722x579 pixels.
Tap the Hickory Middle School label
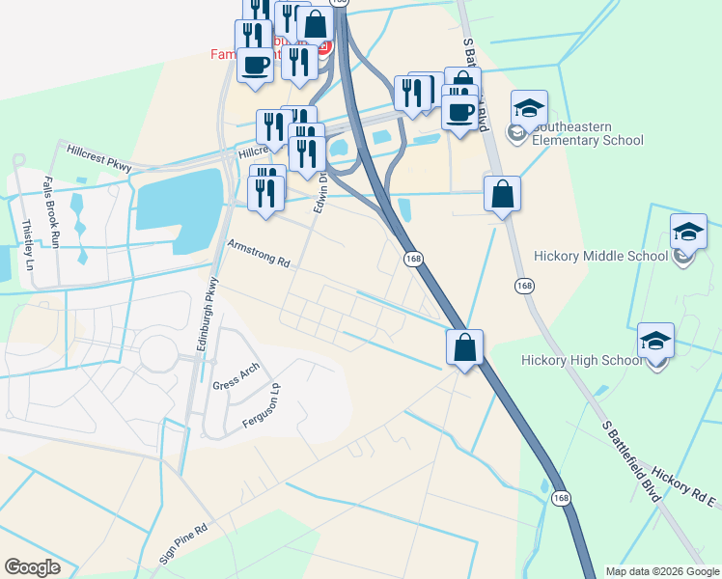[600, 256]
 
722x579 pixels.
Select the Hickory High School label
[581, 360]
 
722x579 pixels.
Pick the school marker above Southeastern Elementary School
[529, 110]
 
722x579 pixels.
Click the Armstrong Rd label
[258, 255]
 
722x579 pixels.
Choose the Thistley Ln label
[27, 245]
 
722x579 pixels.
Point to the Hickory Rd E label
[683, 487]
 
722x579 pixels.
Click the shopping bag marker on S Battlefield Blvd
[502, 195]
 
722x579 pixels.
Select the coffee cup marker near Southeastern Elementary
[459, 113]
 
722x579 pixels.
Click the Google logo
[33, 567]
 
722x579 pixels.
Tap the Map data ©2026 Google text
[661, 571]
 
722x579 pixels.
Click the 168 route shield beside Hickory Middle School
[524, 286]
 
